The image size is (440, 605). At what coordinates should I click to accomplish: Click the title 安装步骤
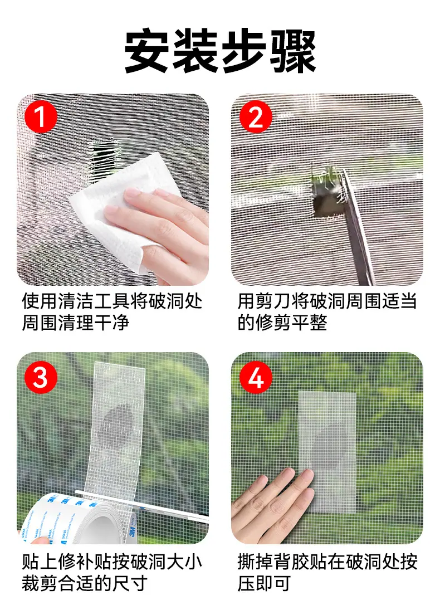[x=220, y=51]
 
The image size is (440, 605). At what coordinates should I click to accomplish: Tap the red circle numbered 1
[x=41, y=117]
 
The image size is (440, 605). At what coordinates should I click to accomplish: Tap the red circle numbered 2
[x=256, y=117]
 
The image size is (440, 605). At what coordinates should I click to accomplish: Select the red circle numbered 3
[x=41, y=377]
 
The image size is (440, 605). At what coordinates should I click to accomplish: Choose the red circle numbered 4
[x=256, y=377]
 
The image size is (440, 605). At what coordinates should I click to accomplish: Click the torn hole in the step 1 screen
[x=104, y=159]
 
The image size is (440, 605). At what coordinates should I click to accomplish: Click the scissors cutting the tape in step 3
[x=143, y=505]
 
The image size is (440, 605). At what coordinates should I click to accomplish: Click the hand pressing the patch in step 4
[x=272, y=505]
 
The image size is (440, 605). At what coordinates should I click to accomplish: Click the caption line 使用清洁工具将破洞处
[x=112, y=301]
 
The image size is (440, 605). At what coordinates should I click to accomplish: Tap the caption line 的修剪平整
[x=282, y=323]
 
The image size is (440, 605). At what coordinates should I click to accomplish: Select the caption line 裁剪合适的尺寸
[x=85, y=583]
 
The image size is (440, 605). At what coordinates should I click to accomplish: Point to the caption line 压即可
[x=264, y=583]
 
